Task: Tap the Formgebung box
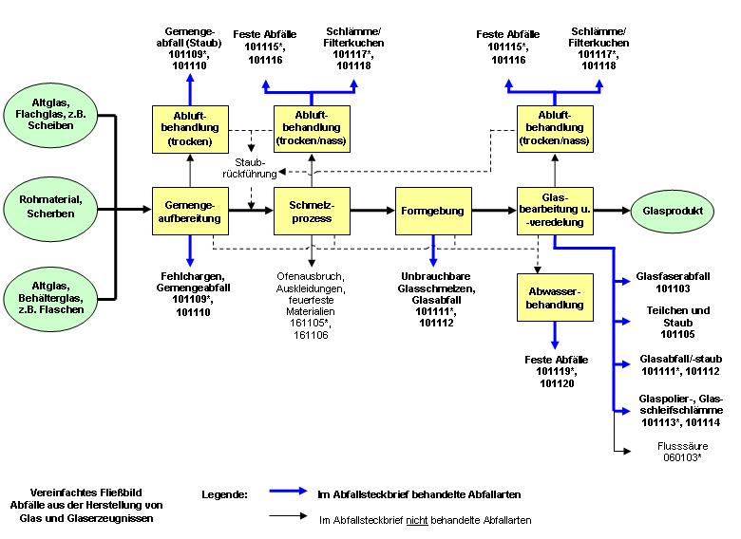point(433,211)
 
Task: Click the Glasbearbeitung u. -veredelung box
point(555,211)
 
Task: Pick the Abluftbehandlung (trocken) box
point(190,127)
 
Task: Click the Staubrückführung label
point(250,168)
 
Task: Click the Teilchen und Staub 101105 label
point(674,322)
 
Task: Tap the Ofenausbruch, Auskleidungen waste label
point(312,304)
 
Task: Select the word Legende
point(224,494)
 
